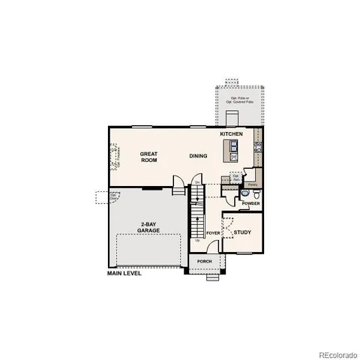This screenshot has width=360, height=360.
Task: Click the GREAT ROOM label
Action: coord(149,156)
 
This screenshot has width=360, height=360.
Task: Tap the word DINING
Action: coord(198,156)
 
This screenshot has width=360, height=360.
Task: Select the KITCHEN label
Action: coord(231,133)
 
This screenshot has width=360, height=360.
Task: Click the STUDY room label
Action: coord(242,232)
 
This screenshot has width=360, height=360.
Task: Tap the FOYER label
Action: coord(213,233)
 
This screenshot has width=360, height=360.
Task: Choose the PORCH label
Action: coord(205,261)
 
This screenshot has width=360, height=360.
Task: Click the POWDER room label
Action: coord(251,203)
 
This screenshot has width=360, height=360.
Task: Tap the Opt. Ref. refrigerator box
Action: coord(235,178)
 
